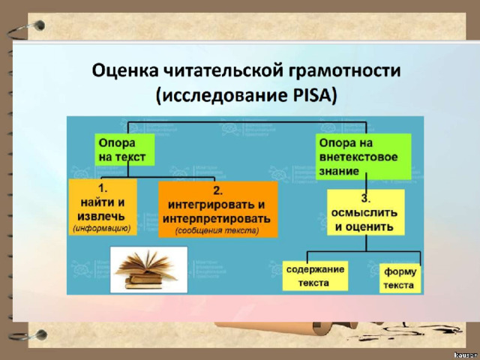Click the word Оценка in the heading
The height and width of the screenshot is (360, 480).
[125, 70]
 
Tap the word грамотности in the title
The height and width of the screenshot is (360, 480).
[344, 71]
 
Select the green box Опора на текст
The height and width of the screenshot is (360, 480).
[124, 150]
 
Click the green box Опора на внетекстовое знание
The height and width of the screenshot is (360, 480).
[363, 157]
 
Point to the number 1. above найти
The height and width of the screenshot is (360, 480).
[103, 188]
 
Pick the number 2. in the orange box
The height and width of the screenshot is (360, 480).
[218, 190]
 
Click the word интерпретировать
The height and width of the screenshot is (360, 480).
[217, 218]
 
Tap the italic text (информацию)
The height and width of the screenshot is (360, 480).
[102, 228]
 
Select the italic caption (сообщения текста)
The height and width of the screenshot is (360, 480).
[217, 230]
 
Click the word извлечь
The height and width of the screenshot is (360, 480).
[101, 216]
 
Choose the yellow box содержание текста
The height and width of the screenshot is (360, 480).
[315, 276]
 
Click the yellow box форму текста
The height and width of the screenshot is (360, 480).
[400, 278]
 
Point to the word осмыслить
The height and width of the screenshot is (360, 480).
[364, 212]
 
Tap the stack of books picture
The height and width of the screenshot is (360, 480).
[148, 270]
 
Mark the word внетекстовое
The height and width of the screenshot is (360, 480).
[358, 157]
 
